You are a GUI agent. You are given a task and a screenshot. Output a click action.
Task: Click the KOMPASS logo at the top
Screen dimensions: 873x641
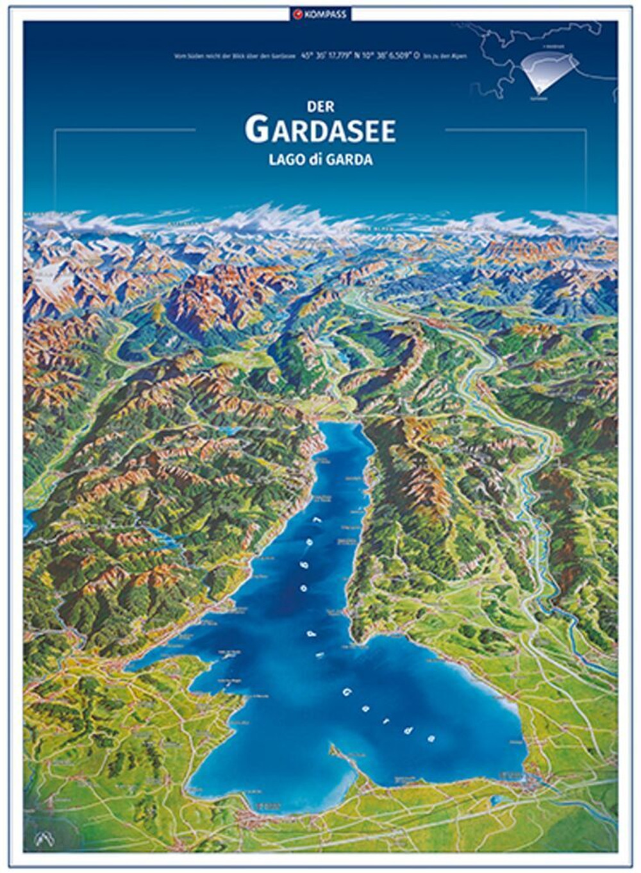pos(320,13)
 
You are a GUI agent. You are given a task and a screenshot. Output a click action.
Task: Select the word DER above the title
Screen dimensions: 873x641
pos(320,108)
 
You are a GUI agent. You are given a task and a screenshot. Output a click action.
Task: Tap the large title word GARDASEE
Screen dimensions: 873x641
pos(320,130)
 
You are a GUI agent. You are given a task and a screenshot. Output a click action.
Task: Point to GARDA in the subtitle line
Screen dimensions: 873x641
pos(350,160)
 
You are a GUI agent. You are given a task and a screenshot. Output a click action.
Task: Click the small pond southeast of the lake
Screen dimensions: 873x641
pos(495,799)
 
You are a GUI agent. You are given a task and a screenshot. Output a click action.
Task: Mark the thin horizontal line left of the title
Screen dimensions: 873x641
pos(125,129)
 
